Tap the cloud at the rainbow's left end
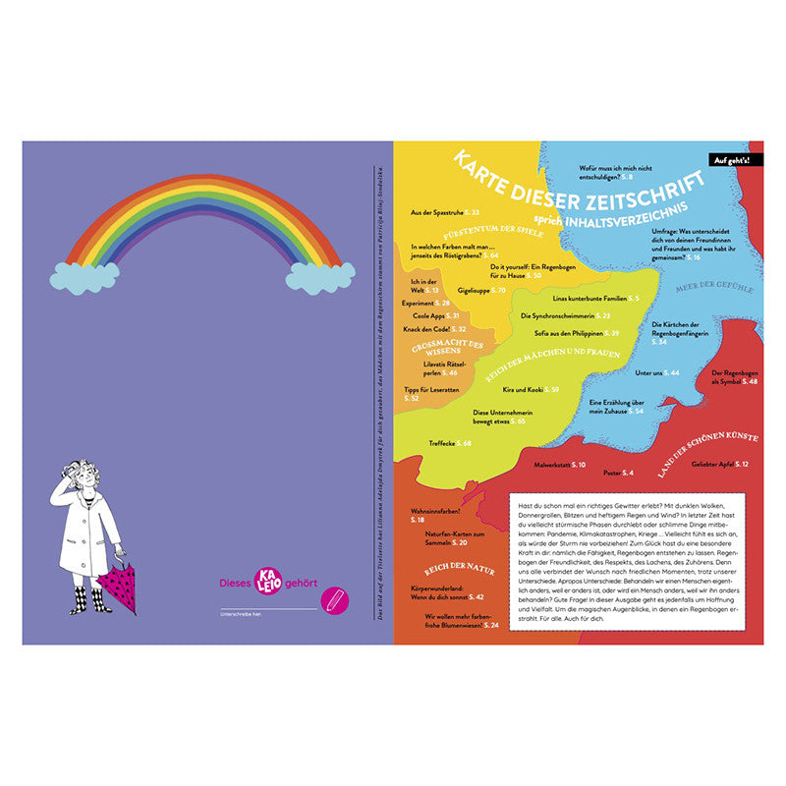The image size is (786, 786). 84,277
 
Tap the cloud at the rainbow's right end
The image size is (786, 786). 319,278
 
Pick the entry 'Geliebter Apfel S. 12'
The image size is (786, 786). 719,464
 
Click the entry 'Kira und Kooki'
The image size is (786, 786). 531,390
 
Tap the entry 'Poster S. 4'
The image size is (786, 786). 618,474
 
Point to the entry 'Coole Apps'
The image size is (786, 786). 431,316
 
